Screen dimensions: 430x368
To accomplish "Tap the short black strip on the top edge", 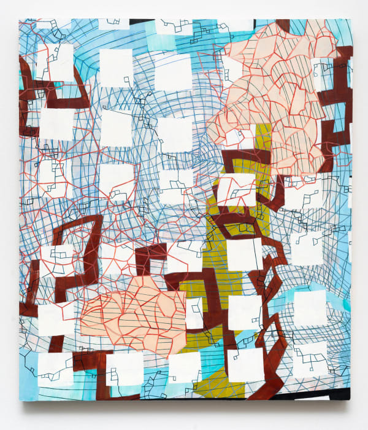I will tap(142, 20).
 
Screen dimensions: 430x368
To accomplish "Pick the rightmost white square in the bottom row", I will tap(310, 359).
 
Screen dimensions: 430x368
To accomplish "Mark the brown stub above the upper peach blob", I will tap(282, 26).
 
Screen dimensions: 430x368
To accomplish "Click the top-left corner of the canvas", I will tap(20, 19).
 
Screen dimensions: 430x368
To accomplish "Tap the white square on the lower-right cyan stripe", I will tap(310, 307).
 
